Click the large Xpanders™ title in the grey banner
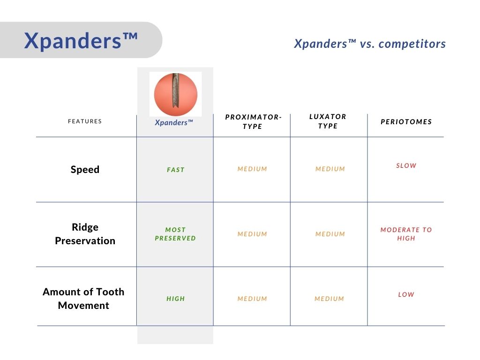81,41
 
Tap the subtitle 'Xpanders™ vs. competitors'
370,44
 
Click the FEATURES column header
85,121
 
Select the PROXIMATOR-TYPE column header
253,121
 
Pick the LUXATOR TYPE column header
328,121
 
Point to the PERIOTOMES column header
406,122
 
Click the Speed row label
85,169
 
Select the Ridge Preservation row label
85,234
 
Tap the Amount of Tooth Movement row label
83,299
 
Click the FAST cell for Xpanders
176,170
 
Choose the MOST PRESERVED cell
175,234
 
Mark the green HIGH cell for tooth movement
176,299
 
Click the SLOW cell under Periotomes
406,165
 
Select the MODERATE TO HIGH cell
406,234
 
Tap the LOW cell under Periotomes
406,294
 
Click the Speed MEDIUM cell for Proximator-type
252,169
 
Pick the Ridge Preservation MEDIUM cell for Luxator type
330,234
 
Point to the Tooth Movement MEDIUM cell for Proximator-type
252,299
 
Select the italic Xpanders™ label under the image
174,122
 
